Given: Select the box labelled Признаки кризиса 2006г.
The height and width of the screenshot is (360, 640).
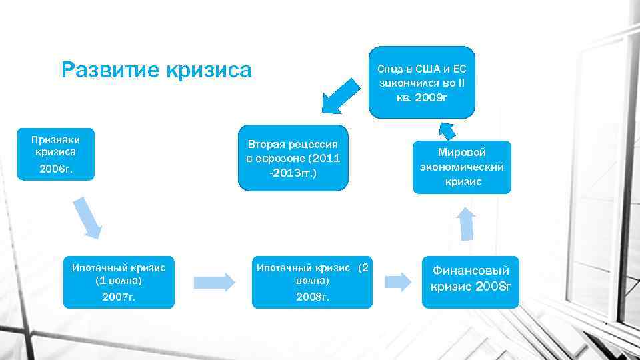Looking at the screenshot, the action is coord(57,154).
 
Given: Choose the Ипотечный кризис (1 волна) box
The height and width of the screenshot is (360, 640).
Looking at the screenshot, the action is coord(119,281).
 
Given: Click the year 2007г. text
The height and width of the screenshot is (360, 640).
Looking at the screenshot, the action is coord(119,297).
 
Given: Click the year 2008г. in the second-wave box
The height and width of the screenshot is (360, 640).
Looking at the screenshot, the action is coord(313,297).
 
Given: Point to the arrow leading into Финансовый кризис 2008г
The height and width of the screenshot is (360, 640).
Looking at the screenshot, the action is coord(398,281).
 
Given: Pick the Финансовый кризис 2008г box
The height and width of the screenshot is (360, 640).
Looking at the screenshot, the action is coord(470,281).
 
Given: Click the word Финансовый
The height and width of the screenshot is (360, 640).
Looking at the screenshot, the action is coord(471,271).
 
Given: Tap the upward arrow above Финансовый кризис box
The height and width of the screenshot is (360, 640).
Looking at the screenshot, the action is coord(467,223).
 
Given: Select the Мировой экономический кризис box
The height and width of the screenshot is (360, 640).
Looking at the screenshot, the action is coord(462,167).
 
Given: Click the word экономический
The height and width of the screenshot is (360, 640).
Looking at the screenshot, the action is coord(462,167).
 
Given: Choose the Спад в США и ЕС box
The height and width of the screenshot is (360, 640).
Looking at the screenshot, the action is coord(422,83).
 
